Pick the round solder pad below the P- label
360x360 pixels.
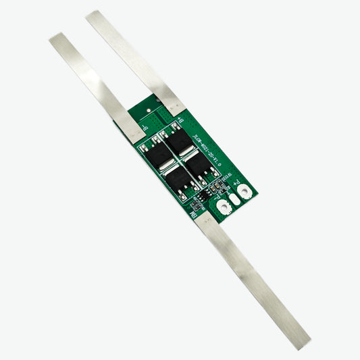(x=223, y=207)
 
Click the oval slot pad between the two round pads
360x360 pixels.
(x=234, y=199)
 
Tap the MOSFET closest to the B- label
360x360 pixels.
(x=160, y=155)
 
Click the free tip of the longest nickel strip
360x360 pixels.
(x=304, y=342)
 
